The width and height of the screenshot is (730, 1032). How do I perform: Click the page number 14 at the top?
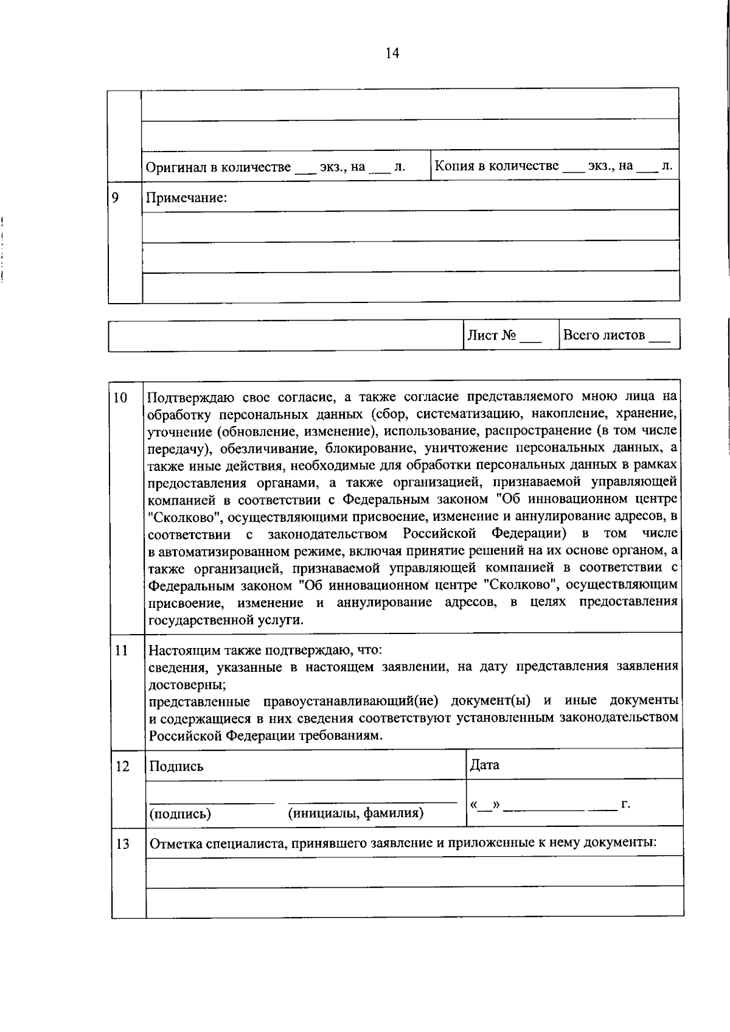(392, 54)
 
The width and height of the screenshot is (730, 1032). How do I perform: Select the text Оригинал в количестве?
(218, 167)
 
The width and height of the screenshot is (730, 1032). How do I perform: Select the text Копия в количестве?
(497, 166)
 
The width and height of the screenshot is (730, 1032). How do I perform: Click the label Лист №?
(492, 335)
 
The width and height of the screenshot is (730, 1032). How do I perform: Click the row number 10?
(120, 398)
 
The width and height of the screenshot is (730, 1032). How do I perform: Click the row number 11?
(120, 650)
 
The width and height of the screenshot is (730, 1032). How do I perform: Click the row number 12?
(122, 766)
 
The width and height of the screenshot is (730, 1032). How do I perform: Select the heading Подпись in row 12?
(176, 767)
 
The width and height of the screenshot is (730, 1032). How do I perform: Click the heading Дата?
(484, 765)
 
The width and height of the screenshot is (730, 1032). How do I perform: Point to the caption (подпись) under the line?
(180, 814)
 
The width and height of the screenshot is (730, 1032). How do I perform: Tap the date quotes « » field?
(484, 805)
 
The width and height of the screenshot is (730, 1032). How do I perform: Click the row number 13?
(122, 844)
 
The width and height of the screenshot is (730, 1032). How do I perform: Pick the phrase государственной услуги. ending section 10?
(226, 620)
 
